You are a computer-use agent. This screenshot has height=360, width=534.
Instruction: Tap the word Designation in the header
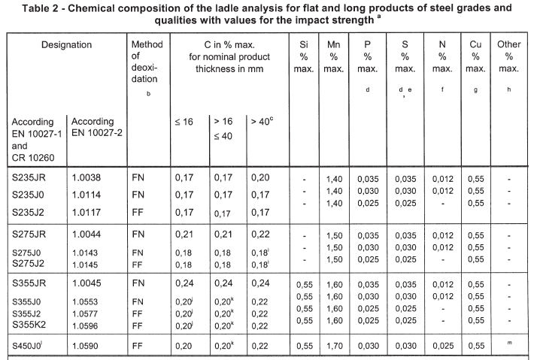coord(66,45)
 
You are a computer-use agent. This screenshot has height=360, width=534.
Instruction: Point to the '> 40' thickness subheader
coord(263,121)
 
